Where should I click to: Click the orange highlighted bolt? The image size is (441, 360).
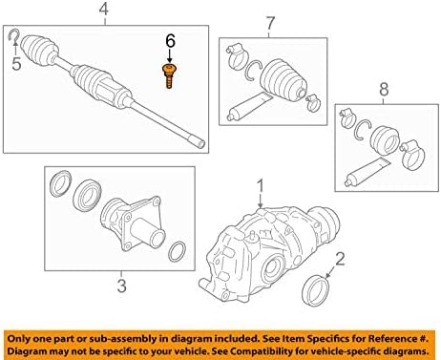click(169, 75)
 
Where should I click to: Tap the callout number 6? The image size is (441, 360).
click(170, 41)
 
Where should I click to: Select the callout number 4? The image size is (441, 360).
click(104, 10)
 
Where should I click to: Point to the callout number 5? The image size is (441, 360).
click(16, 63)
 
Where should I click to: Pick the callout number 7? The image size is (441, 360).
click(270, 23)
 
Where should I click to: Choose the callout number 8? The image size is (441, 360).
click(384, 89)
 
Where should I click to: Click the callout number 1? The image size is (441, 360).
click(261, 186)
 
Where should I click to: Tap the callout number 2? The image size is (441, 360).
click(340, 260)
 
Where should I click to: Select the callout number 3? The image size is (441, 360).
click(122, 286)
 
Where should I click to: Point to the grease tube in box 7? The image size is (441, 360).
click(249, 106)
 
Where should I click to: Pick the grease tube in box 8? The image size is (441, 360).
click(367, 172)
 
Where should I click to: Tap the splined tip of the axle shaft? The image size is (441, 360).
click(198, 141)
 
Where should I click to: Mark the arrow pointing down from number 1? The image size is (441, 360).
click(261, 201)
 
